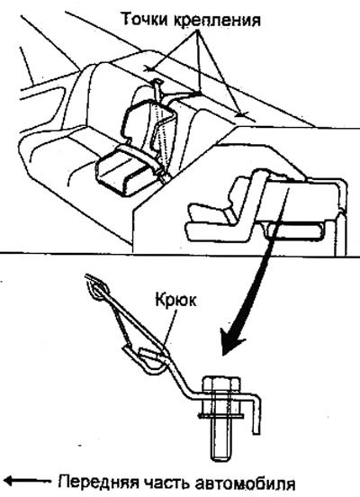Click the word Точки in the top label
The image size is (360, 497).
(x=144, y=20)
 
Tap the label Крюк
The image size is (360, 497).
(x=175, y=301)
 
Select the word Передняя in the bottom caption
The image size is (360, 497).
(x=99, y=483)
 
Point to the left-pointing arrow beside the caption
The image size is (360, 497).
(x=28, y=481)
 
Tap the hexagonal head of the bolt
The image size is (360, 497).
(x=220, y=385)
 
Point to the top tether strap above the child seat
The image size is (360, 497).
(x=157, y=90)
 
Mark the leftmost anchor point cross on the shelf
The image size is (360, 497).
(x=148, y=68)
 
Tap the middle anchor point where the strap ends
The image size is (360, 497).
(x=198, y=93)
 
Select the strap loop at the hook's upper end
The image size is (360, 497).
(x=97, y=288)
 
